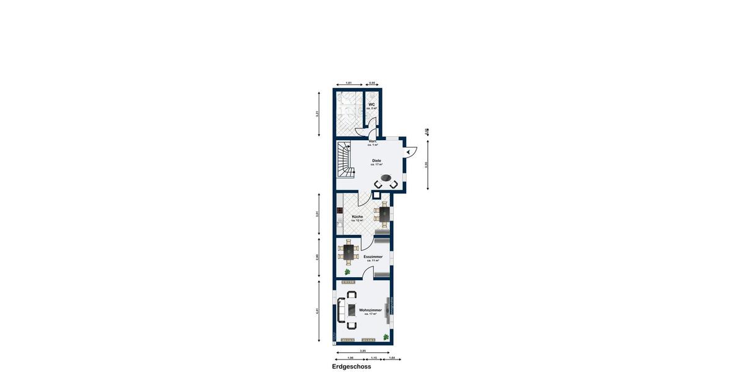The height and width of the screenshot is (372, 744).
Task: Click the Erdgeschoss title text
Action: (351, 366)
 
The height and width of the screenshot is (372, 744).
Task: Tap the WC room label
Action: (372, 105)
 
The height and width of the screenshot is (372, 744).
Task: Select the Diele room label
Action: (376, 161)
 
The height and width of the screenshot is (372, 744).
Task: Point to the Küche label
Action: (357, 217)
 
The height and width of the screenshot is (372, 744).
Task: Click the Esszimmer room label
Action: (373, 257)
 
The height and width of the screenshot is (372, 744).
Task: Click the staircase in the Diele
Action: (345, 160)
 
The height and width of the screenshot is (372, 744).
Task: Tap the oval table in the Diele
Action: (386, 179)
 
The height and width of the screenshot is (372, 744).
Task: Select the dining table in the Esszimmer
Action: (348, 252)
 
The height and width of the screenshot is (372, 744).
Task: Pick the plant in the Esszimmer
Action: (348, 272)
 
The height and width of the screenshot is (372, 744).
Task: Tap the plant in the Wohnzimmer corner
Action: (386, 337)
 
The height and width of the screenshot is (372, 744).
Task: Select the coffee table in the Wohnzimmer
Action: (351, 310)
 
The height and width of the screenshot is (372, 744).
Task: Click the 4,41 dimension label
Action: (317, 310)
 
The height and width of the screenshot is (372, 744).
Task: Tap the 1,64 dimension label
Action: (391, 358)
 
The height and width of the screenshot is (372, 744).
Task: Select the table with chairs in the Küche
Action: (384, 215)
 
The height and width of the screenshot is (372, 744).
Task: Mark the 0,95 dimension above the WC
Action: (372, 82)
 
